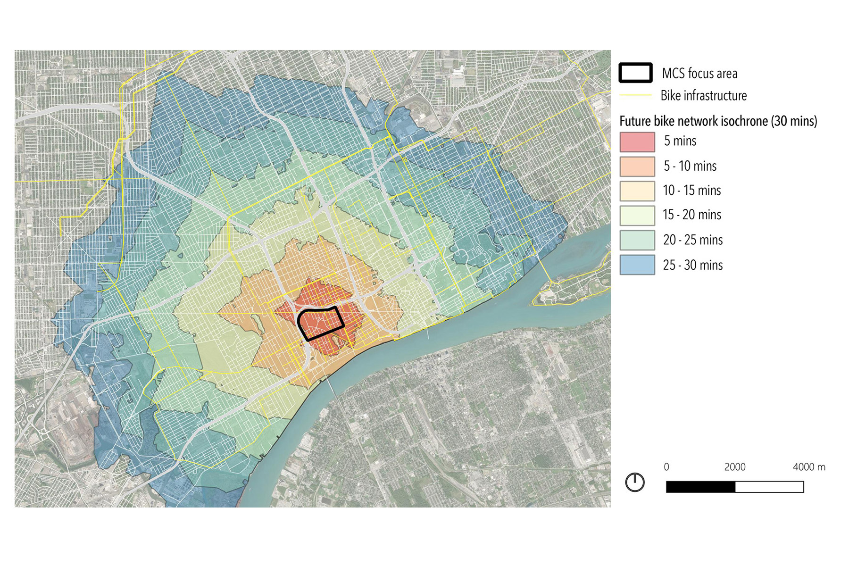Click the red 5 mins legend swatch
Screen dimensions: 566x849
637,141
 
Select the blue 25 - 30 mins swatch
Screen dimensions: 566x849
637,265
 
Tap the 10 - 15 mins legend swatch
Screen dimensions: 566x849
637,191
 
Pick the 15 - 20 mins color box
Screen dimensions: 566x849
637,215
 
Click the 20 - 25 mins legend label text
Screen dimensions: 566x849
692,240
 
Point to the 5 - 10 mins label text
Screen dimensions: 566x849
690,166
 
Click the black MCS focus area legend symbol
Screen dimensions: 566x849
635,73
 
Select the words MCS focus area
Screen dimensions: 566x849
699,74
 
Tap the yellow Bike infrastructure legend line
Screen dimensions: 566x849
635,95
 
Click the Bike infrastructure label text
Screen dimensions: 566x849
703,96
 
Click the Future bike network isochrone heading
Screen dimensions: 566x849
718,121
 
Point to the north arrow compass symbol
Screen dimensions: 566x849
634,482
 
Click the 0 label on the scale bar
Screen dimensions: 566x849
666,467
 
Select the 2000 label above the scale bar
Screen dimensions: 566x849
734,467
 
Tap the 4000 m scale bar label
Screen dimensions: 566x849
808,467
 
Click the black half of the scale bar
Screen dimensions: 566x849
700,487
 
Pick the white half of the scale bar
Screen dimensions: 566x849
769,487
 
